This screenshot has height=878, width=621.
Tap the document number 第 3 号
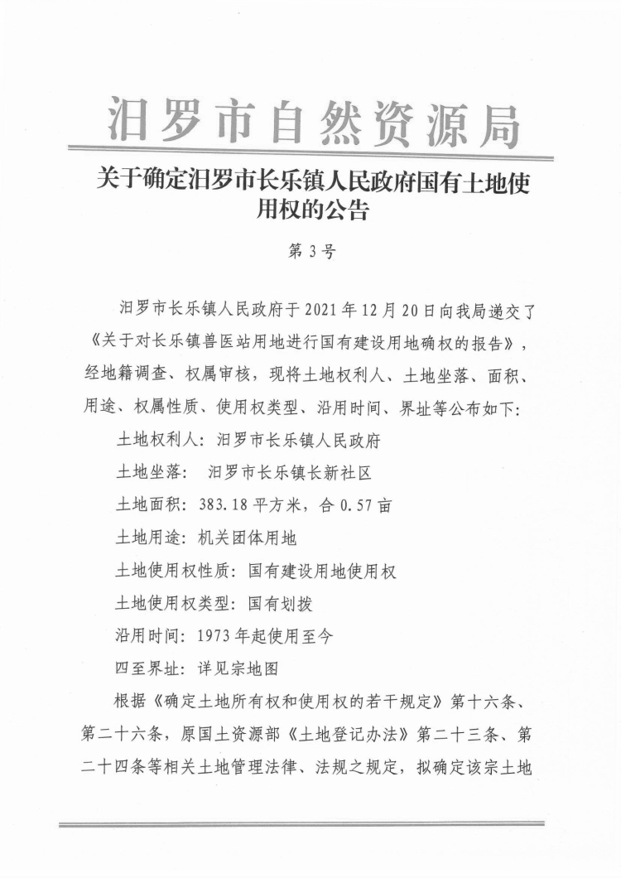[310, 252]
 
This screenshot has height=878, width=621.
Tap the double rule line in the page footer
[301, 825]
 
